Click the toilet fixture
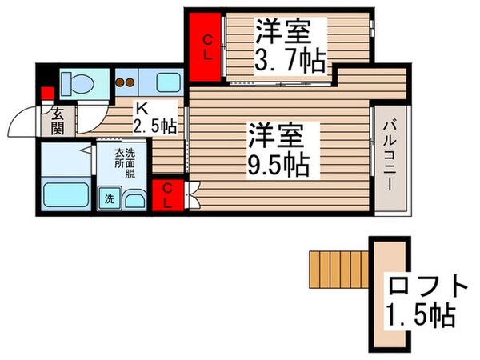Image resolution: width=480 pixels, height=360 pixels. tap(75, 82)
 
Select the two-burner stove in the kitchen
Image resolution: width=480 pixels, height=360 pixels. tap(125, 82)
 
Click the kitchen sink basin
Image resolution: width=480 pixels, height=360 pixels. tap(167, 82)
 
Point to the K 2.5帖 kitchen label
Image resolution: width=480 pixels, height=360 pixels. tap(156, 118)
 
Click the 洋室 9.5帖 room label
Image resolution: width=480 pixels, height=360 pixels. tap(277, 150)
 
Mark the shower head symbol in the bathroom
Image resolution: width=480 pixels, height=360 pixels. tap(83, 150)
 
